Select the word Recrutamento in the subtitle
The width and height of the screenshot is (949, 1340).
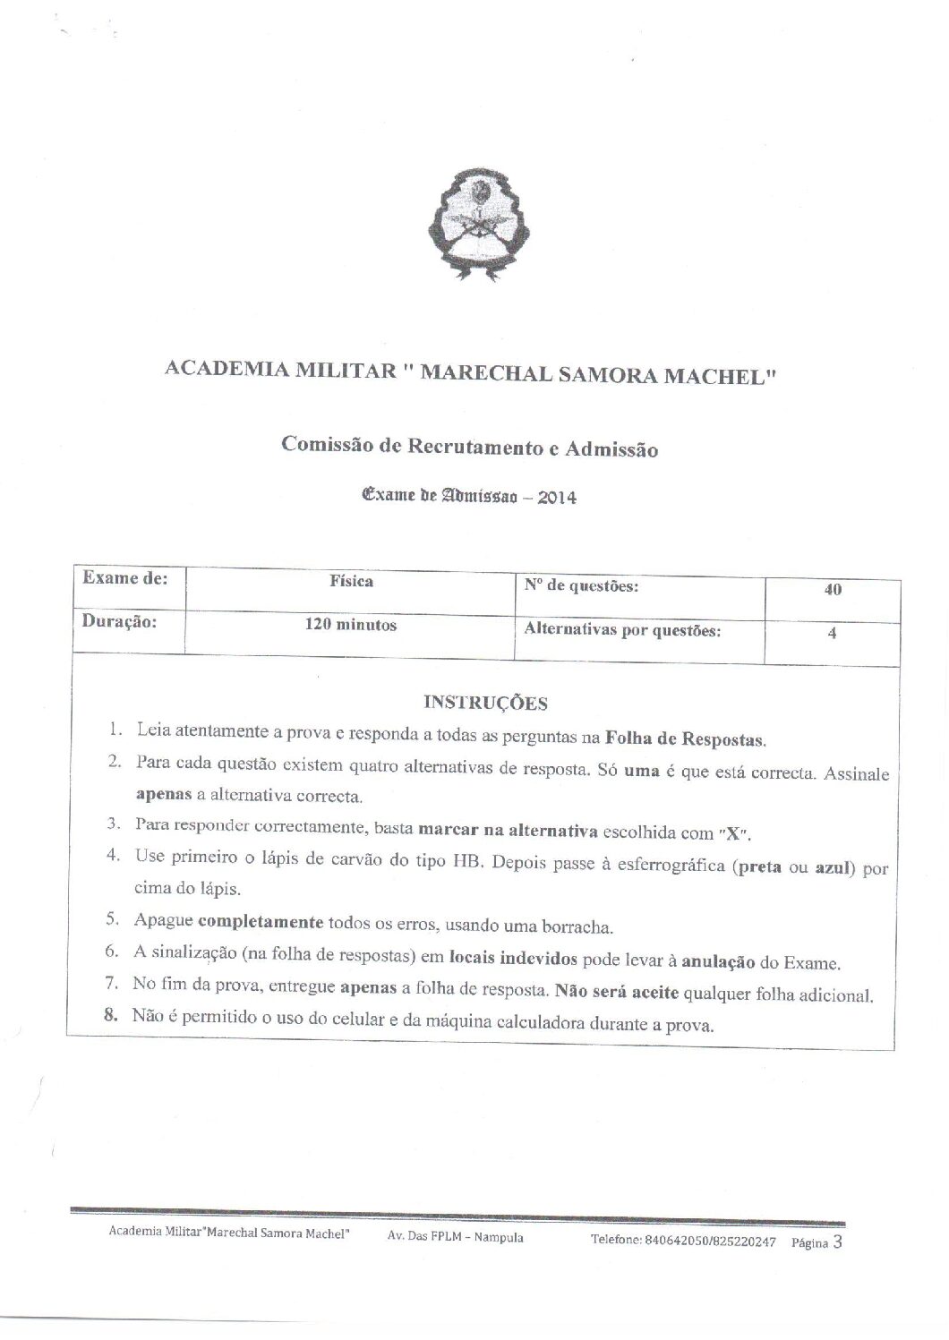[472, 447]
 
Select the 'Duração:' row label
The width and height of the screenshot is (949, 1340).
[120, 622]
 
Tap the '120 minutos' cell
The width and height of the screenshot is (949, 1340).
[351, 626]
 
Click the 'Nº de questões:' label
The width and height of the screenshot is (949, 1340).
[581, 587]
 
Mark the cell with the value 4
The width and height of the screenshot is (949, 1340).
[833, 633]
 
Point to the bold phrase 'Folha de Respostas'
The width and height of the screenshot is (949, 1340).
[686, 739]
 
